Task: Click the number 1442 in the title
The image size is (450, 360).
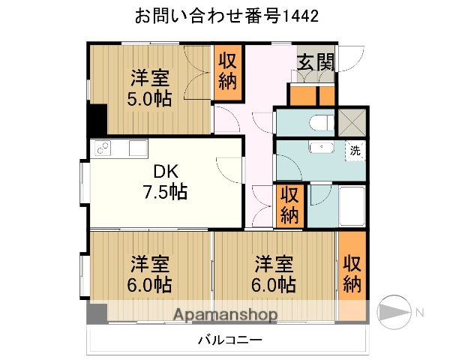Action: tap(299, 16)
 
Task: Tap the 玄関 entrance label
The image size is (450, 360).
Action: tap(315, 62)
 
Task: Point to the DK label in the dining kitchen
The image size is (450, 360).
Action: tap(165, 171)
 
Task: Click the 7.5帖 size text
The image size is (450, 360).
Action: tap(165, 192)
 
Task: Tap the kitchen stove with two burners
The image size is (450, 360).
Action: tap(102, 148)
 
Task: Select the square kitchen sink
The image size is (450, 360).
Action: tap(137, 148)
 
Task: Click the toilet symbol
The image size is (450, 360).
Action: tap(319, 121)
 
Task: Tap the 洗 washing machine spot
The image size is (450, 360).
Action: tap(355, 149)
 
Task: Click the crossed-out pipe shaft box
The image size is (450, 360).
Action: tap(349, 121)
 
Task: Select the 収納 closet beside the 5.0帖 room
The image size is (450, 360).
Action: tap(228, 72)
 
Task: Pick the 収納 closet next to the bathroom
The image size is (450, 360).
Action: tap(289, 205)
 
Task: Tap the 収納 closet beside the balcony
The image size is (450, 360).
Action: tap(352, 274)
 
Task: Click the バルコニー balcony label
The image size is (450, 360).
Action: tap(229, 340)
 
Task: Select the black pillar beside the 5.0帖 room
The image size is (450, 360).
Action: tap(97, 120)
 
